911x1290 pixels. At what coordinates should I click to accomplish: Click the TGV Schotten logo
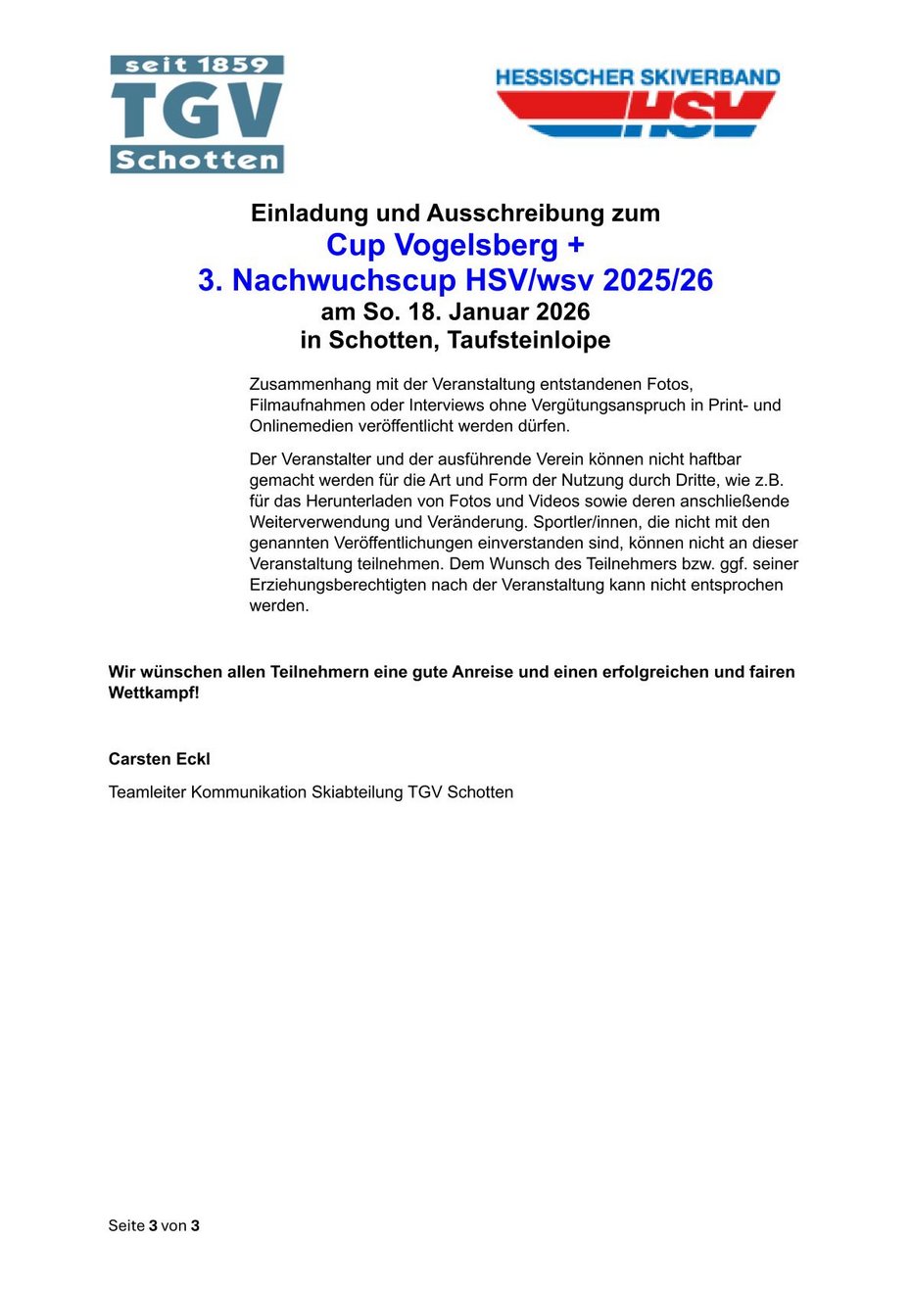tap(197, 114)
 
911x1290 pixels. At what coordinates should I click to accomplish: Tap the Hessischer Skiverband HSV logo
tap(637, 102)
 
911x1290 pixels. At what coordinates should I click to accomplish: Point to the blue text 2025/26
tap(657, 280)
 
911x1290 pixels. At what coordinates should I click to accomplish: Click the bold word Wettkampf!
tap(154, 693)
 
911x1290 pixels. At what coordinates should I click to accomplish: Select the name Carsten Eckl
tap(160, 759)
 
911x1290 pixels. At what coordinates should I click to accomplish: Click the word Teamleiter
tap(147, 792)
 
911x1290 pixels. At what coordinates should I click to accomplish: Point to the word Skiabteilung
tap(358, 792)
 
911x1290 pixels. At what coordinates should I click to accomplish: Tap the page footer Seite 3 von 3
tap(154, 1225)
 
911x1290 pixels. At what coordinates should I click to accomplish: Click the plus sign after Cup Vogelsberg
tap(575, 245)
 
